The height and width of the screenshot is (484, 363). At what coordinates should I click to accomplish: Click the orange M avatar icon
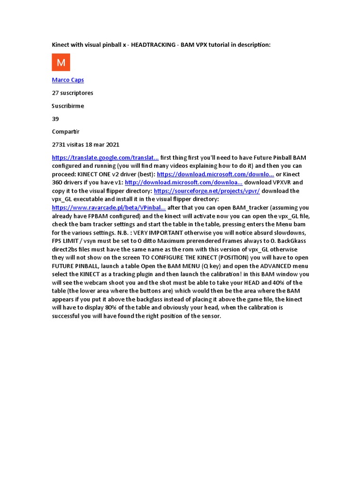[x=61, y=62]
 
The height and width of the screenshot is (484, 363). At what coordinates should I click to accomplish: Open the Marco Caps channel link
[x=68, y=80]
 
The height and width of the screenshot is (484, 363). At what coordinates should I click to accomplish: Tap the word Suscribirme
[x=68, y=106]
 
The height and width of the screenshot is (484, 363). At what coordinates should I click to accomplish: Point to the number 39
[x=55, y=119]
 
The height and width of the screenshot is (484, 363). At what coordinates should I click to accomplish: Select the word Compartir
[x=66, y=132]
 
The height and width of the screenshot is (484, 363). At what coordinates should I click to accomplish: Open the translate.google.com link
[x=105, y=157]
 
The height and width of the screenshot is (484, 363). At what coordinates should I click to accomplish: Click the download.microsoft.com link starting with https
[x=215, y=174]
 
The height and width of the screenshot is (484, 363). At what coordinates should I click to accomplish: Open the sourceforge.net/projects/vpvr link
[x=207, y=191]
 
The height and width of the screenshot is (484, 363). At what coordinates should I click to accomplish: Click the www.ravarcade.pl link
[x=109, y=207]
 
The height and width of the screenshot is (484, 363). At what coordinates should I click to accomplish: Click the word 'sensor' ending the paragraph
[x=210, y=316]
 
